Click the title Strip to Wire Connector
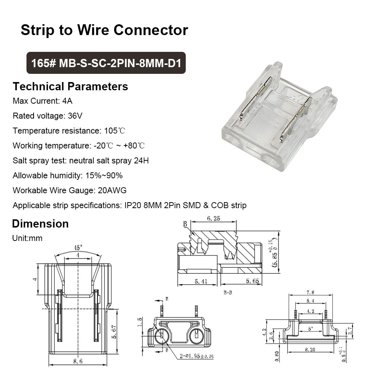point(104,30)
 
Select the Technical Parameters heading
point(70,87)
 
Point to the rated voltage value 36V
point(75,116)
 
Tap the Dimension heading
point(40,224)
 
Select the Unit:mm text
point(27,238)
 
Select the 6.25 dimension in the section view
point(213,218)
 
